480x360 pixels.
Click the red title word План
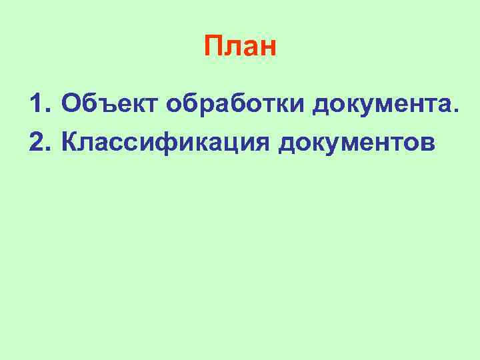click(239, 47)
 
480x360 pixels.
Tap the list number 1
click(38, 103)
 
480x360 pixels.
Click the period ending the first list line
click(455, 111)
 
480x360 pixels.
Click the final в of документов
click(427, 143)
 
